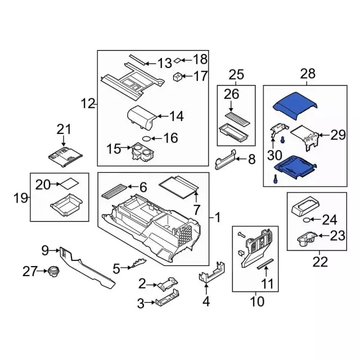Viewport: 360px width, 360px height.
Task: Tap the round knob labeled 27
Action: pyautogui.click(x=53, y=272)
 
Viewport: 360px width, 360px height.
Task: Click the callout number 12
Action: pyautogui.click(x=87, y=103)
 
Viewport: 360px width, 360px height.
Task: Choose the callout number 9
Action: pyautogui.click(x=46, y=250)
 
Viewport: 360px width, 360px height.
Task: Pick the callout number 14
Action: pyautogui.click(x=176, y=117)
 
